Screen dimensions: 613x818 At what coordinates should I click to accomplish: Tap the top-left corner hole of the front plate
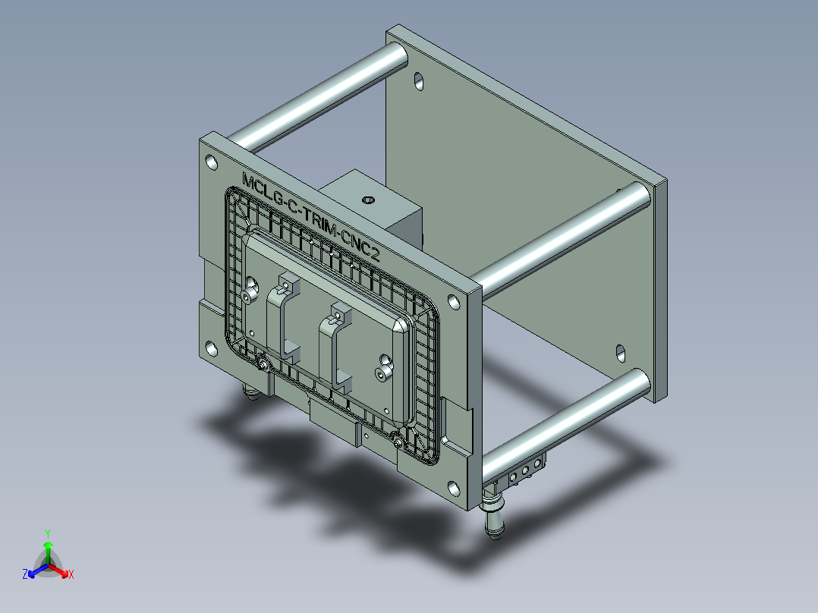[x=210, y=162]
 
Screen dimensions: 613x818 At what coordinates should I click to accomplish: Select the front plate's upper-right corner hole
[x=453, y=302]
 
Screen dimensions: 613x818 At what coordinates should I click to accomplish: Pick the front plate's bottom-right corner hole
[x=453, y=489]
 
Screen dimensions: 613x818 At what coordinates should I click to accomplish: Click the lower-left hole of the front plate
[x=209, y=348]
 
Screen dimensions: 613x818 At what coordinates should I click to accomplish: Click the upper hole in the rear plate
[x=419, y=81]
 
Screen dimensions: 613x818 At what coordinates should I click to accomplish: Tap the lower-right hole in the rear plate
[x=621, y=352]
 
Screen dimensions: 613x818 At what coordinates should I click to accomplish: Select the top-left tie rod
[x=319, y=95]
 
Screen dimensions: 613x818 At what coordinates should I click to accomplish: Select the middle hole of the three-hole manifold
[x=525, y=471]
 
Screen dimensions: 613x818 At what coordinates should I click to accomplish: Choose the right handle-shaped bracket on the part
[x=335, y=345]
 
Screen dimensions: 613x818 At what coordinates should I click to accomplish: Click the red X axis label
[x=71, y=574]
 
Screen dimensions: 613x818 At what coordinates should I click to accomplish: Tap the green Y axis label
[x=47, y=533]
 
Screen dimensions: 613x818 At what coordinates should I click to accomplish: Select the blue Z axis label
[x=25, y=574]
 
